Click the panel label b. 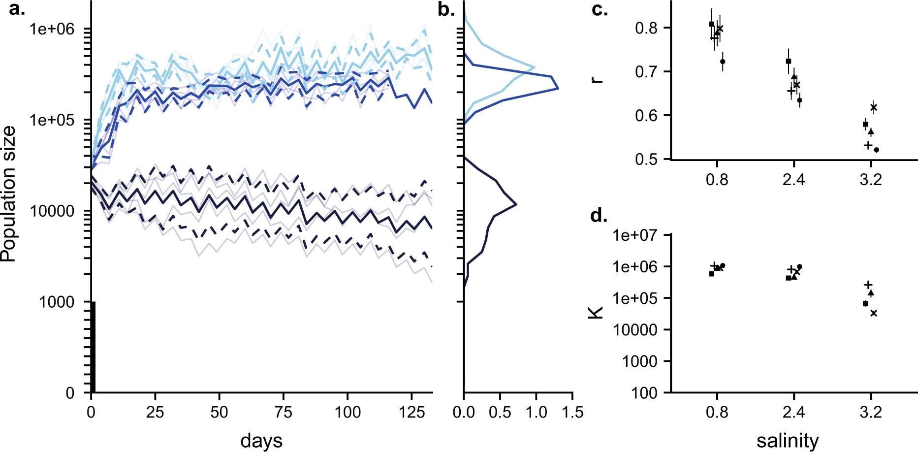point(446,9)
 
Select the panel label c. point(599,9)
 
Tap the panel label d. point(599,216)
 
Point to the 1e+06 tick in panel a point(52,29)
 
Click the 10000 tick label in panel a point(52,211)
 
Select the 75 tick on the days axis point(284,412)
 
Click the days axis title point(261,440)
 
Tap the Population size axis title point(9,194)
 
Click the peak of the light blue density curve point(534,66)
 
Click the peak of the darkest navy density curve point(516,204)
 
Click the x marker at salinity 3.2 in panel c point(874,107)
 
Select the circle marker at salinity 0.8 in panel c point(723,62)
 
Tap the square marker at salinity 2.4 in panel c point(789,61)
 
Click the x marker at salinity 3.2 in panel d point(874,313)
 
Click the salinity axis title point(788,440)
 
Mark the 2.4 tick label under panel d point(793,412)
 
